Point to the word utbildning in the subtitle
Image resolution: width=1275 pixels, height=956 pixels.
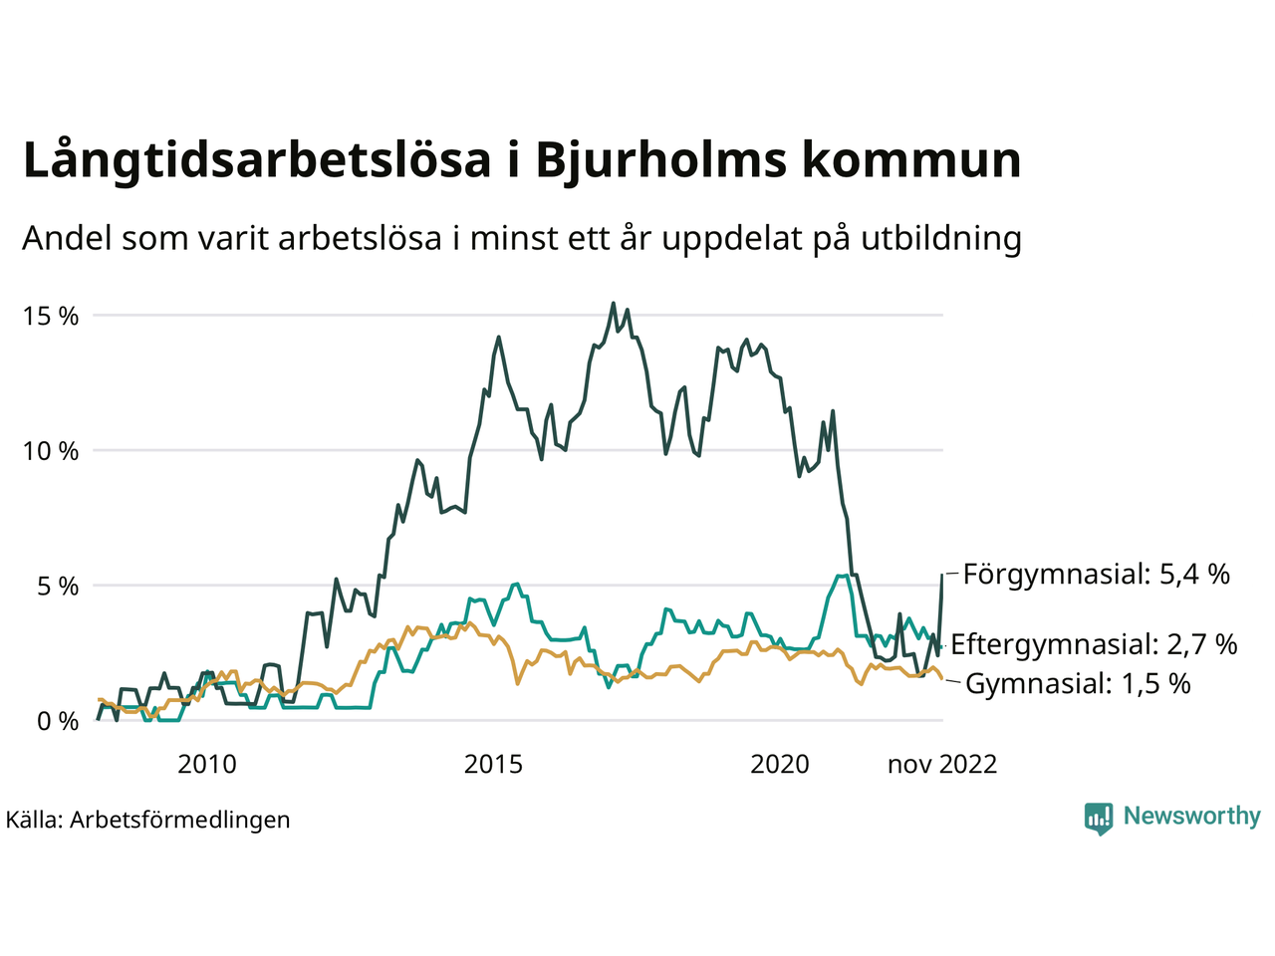click(x=941, y=239)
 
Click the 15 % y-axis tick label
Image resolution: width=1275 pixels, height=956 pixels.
click(x=51, y=317)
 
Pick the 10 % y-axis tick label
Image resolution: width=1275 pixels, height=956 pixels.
click(x=51, y=451)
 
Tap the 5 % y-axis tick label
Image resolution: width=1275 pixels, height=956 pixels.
click(x=58, y=587)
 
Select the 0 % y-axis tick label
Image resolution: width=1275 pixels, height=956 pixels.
click(x=58, y=721)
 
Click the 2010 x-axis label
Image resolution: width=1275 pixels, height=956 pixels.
click(x=207, y=765)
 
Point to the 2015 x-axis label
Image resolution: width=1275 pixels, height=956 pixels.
click(x=493, y=765)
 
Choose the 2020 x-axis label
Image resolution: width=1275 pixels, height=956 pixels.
click(x=780, y=765)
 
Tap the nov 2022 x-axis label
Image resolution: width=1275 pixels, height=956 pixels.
click(x=942, y=765)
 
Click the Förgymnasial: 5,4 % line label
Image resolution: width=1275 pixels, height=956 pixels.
click(x=1096, y=575)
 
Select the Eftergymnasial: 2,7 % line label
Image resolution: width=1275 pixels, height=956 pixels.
click(x=1094, y=644)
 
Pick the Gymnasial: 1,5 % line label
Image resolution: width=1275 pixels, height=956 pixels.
click(x=1078, y=684)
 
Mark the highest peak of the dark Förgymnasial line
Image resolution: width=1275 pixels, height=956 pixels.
click(x=613, y=304)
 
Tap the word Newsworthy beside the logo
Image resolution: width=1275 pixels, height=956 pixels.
click(x=1191, y=817)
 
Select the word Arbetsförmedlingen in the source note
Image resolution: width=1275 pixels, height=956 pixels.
click(x=180, y=820)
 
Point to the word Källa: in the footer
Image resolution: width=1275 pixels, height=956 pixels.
click(x=34, y=820)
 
